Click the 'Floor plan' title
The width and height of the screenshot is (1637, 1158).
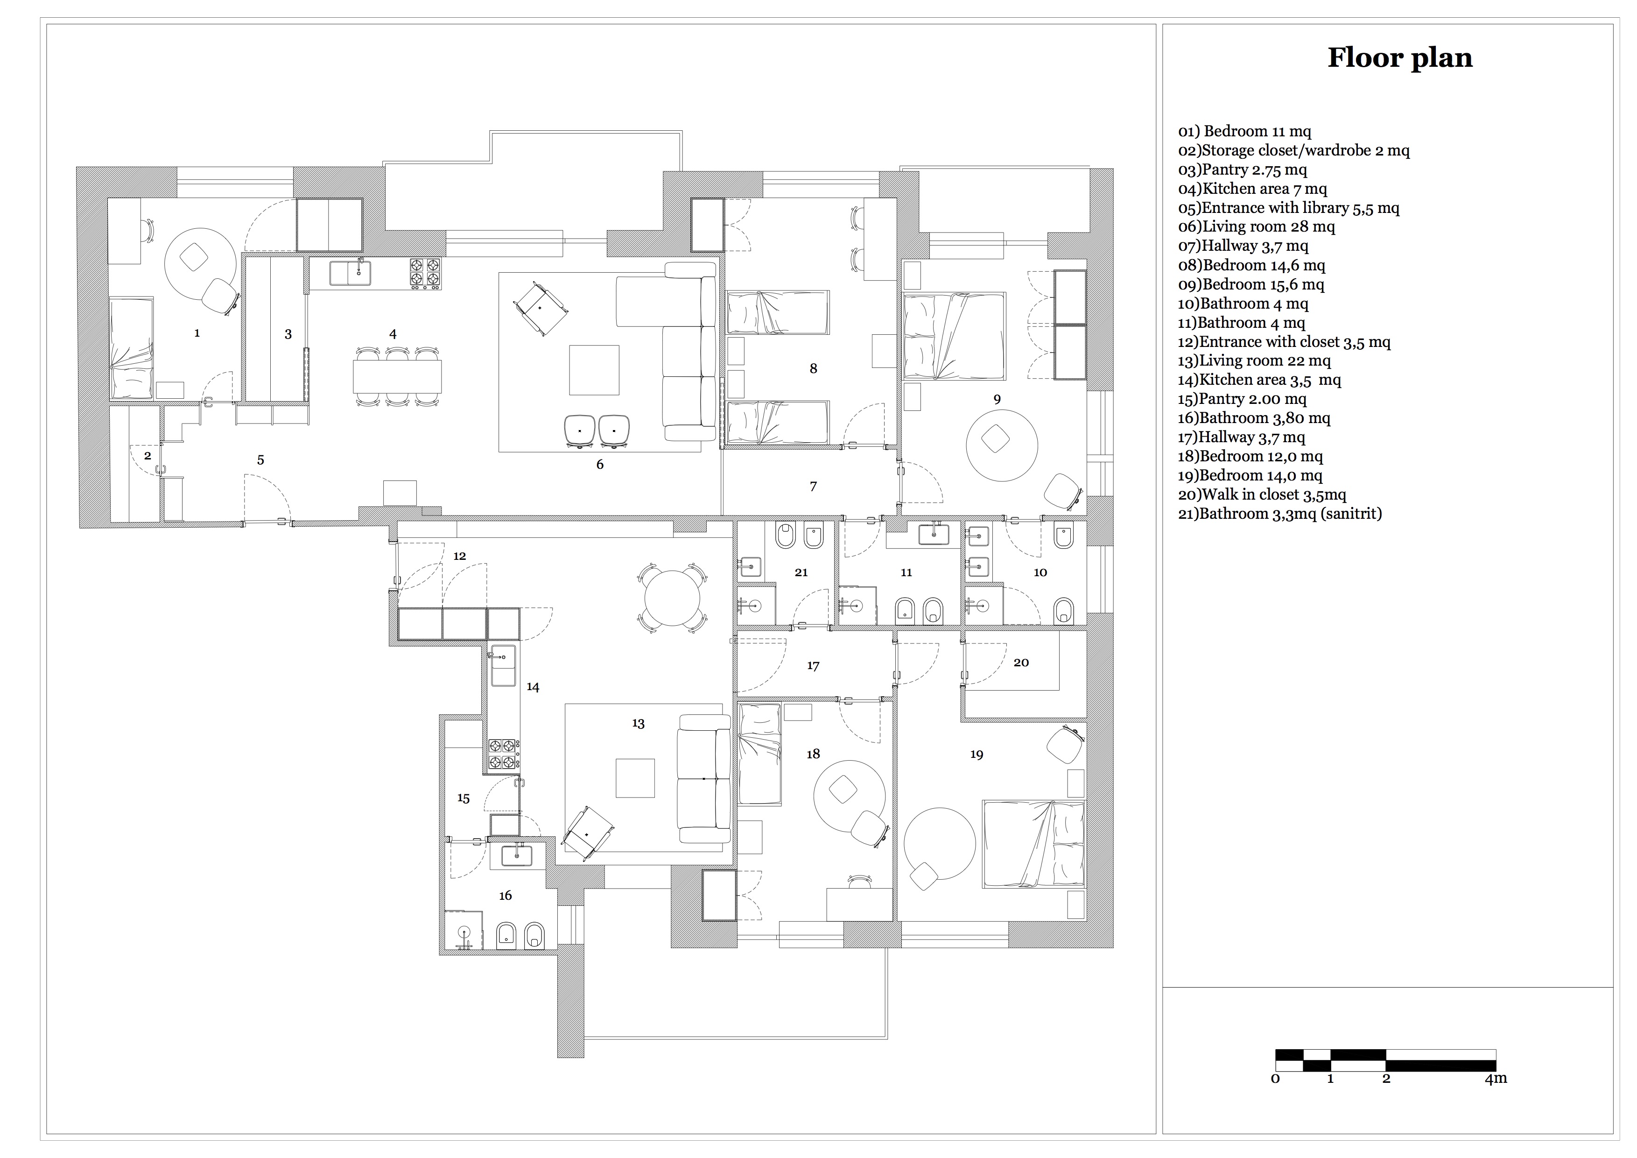tap(1399, 58)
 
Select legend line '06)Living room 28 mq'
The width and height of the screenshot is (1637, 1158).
tap(1256, 227)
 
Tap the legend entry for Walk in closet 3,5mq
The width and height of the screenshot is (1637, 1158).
tap(1262, 494)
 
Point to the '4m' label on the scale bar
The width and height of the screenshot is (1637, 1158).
tap(1496, 1078)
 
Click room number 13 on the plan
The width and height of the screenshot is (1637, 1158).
tap(638, 723)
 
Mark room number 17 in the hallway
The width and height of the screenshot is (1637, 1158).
tap(813, 666)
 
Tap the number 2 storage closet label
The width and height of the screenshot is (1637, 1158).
tap(148, 456)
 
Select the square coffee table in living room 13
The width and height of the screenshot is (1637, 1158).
tap(634, 778)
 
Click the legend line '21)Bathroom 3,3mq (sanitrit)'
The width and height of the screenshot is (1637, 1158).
tap(1280, 514)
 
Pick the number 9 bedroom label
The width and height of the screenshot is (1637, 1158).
tap(997, 399)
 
